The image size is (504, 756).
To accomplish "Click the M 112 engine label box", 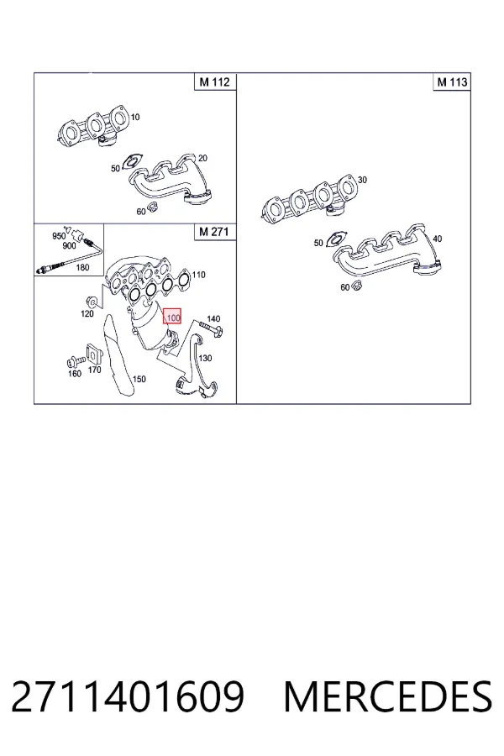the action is pyautogui.click(x=215, y=81).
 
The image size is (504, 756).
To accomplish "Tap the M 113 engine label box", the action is pyautogui.click(x=452, y=82).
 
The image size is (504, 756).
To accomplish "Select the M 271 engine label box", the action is pyautogui.click(x=214, y=232).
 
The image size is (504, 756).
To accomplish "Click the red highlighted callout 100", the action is pyautogui.click(x=172, y=317).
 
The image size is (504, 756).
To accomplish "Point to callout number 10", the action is pyautogui.click(x=135, y=117).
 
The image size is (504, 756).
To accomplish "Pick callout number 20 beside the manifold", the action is pyautogui.click(x=202, y=158).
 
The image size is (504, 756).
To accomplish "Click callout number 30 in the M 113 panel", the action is pyautogui.click(x=362, y=180).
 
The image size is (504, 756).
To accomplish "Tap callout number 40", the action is pyautogui.click(x=437, y=239).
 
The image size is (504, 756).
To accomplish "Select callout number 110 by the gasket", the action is pyautogui.click(x=198, y=275).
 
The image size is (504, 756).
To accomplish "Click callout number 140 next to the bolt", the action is pyautogui.click(x=213, y=318).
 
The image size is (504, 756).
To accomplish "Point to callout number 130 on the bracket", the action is pyautogui.click(x=206, y=358).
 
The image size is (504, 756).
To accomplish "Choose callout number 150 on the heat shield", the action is pyautogui.click(x=139, y=379).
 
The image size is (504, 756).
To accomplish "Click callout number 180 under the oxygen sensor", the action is pyautogui.click(x=83, y=267).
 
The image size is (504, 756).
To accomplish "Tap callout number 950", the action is pyautogui.click(x=58, y=236).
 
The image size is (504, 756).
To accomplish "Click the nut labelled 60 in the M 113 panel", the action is pyautogui.click(x=357, y=286).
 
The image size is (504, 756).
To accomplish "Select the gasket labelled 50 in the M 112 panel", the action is pyautogui.click(x=132, y=161).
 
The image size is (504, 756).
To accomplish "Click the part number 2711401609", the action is pyautogui.click(x=128, y=696).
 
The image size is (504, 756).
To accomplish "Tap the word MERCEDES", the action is pyautogui.click(x=388, y=696).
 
